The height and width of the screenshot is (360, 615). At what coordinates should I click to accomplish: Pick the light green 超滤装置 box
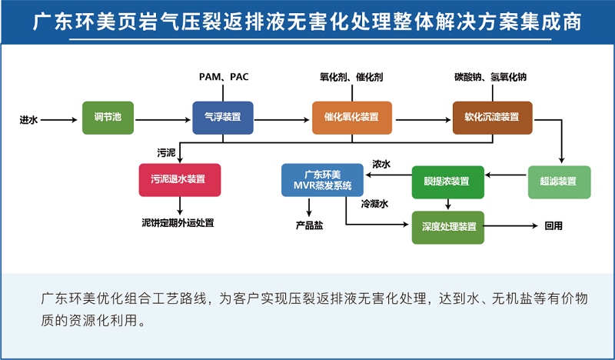click(x=559, y=182)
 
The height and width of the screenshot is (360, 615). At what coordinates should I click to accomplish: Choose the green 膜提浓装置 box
click(x=447, y=182)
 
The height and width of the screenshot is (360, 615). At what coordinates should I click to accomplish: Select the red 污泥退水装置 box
click(x=180, y=180)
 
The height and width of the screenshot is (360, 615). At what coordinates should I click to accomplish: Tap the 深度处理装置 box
click(x=448, y=227)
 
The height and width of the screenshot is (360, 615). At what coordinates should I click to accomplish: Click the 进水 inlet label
click(x=28, y=119)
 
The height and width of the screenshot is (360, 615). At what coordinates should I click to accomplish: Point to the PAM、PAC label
click(x=224, y=77)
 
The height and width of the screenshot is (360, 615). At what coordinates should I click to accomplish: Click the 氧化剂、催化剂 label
click(x=351, y=77)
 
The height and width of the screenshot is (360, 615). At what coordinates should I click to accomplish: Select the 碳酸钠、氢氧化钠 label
click(x=490, y=77)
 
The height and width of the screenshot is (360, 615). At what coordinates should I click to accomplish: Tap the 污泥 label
click(x=166, y=152)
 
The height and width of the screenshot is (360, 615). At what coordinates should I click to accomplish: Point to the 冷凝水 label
click(x=374, y=204)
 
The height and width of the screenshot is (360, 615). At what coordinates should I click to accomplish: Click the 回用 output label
click(x=553, y=226)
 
